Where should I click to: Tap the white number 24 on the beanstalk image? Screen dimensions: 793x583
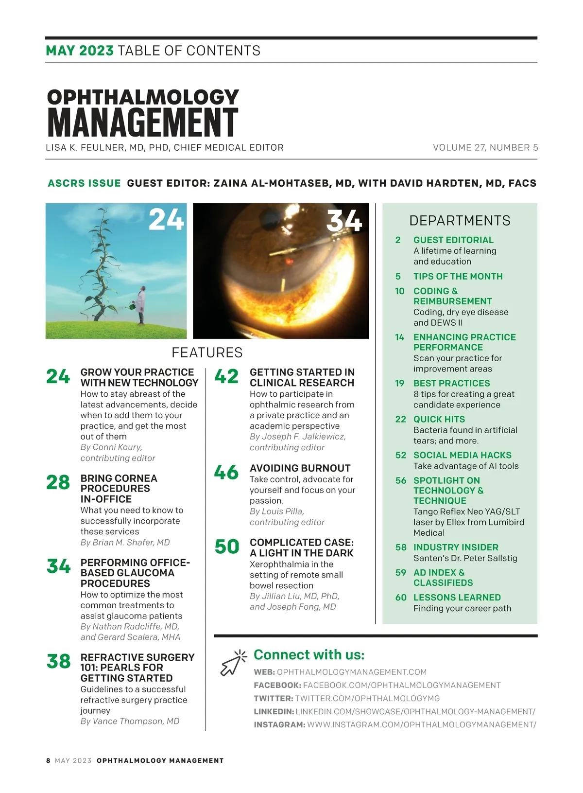pos(166,219)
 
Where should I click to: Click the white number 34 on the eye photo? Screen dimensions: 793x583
pos(344,221)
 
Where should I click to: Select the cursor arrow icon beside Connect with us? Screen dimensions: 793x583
pos(232,663)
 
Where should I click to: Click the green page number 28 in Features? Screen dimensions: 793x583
pos(58,482)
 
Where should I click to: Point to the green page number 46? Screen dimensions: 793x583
pos(226,472)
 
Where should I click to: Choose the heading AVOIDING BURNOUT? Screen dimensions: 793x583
pos(300,468)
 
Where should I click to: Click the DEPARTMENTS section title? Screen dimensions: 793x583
pos(460,221)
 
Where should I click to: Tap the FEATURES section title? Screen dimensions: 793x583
pos(207,352)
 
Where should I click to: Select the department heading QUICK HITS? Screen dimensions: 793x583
pos(439,419)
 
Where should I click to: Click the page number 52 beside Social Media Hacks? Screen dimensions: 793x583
pos(401,455)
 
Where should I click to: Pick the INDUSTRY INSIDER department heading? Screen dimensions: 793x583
pos(456,547)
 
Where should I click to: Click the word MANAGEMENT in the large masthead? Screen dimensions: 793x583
pos(143,122)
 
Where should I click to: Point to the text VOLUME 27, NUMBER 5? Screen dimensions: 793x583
pos(485,147)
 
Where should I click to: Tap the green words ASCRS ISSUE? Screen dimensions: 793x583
pos(84,183)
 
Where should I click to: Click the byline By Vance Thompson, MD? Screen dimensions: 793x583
pos(130,721)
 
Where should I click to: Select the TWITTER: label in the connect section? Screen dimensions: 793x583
pos(274,698)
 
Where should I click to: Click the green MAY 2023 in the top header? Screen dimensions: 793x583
pos(80,51)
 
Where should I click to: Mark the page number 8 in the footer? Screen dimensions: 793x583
pos(48,760)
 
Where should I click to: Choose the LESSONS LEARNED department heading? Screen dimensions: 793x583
pos(457,598)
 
